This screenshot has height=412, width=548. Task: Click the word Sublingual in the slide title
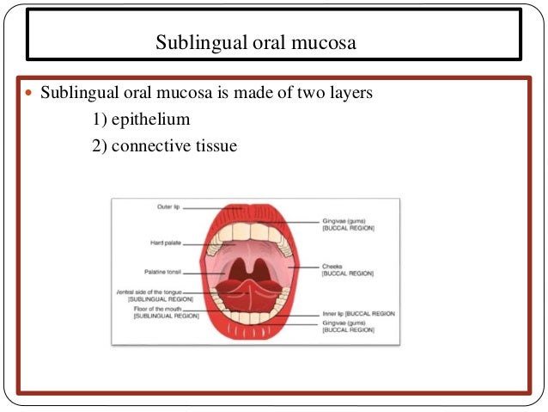[192, 40]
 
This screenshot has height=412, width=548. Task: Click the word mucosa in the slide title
[325, 40]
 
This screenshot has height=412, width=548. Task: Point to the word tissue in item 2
[216, 146]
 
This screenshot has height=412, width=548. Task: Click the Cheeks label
[332, 267]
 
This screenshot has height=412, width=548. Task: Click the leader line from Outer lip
[205, 207]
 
